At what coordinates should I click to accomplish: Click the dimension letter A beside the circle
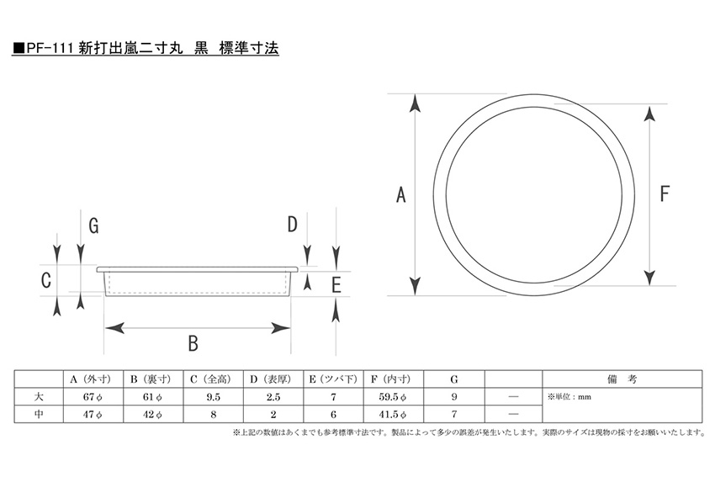pos(401,195)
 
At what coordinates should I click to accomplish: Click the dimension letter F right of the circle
pos(664,195)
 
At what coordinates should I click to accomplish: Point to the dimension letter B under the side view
pos(193,343)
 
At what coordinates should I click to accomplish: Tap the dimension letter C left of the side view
pos(47,279)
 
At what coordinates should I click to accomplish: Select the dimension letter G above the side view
pos(93,225)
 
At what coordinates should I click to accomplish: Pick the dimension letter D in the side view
pos(293,225)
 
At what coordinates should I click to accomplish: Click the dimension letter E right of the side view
pos(336,284)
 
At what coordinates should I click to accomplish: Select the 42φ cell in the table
pos(151,414)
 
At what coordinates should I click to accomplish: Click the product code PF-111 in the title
pos(50,50)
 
